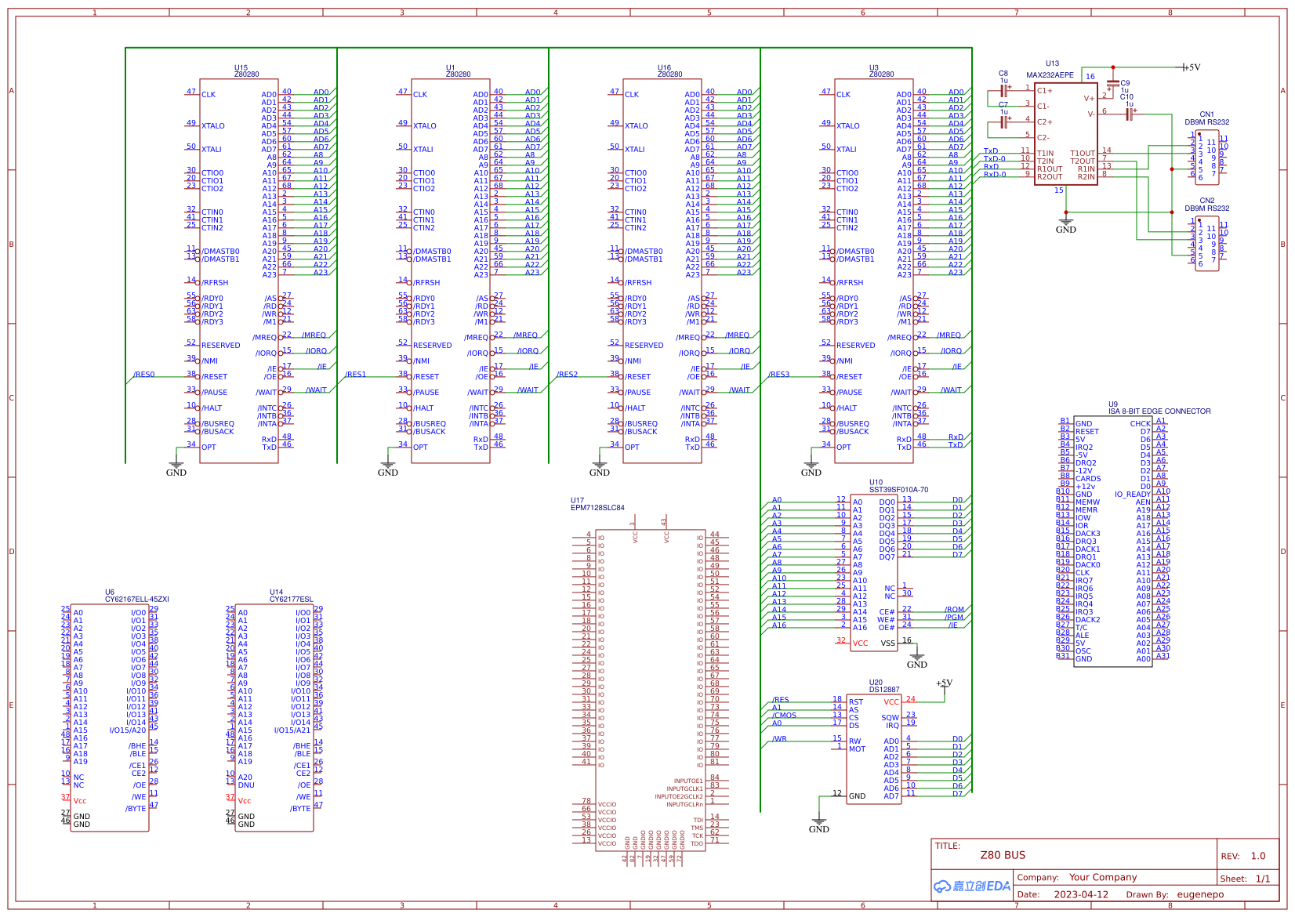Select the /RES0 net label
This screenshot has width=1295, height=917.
click(x=144, y=375)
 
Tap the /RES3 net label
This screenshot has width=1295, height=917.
click(x=778, y=375)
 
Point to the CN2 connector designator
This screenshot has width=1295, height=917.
click(x=1206, y=201)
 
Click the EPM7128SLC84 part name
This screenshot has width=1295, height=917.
click(x=597, y=508)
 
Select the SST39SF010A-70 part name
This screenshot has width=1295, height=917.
click(x=898, y=490)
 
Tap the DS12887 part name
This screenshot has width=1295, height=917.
click(x=884, y=690)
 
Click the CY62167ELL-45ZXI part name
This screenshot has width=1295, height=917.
click(x=137, y=600)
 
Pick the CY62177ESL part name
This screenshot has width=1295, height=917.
click(x=291, y=600)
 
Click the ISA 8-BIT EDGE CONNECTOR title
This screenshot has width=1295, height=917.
click(x=1159, y=411)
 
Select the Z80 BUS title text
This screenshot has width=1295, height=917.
click(x=1002, y=855)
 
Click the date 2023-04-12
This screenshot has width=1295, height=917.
click(x=1080, y=894)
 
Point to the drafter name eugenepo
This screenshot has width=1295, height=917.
click(x=1199, y=894)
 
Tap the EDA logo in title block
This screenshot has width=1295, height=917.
click(x=971, y=886)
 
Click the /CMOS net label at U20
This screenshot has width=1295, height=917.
click(x=784, y=715)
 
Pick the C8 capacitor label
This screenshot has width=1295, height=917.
click(x=1003, y=74)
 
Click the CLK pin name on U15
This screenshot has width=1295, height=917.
click(x=209, y=95)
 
